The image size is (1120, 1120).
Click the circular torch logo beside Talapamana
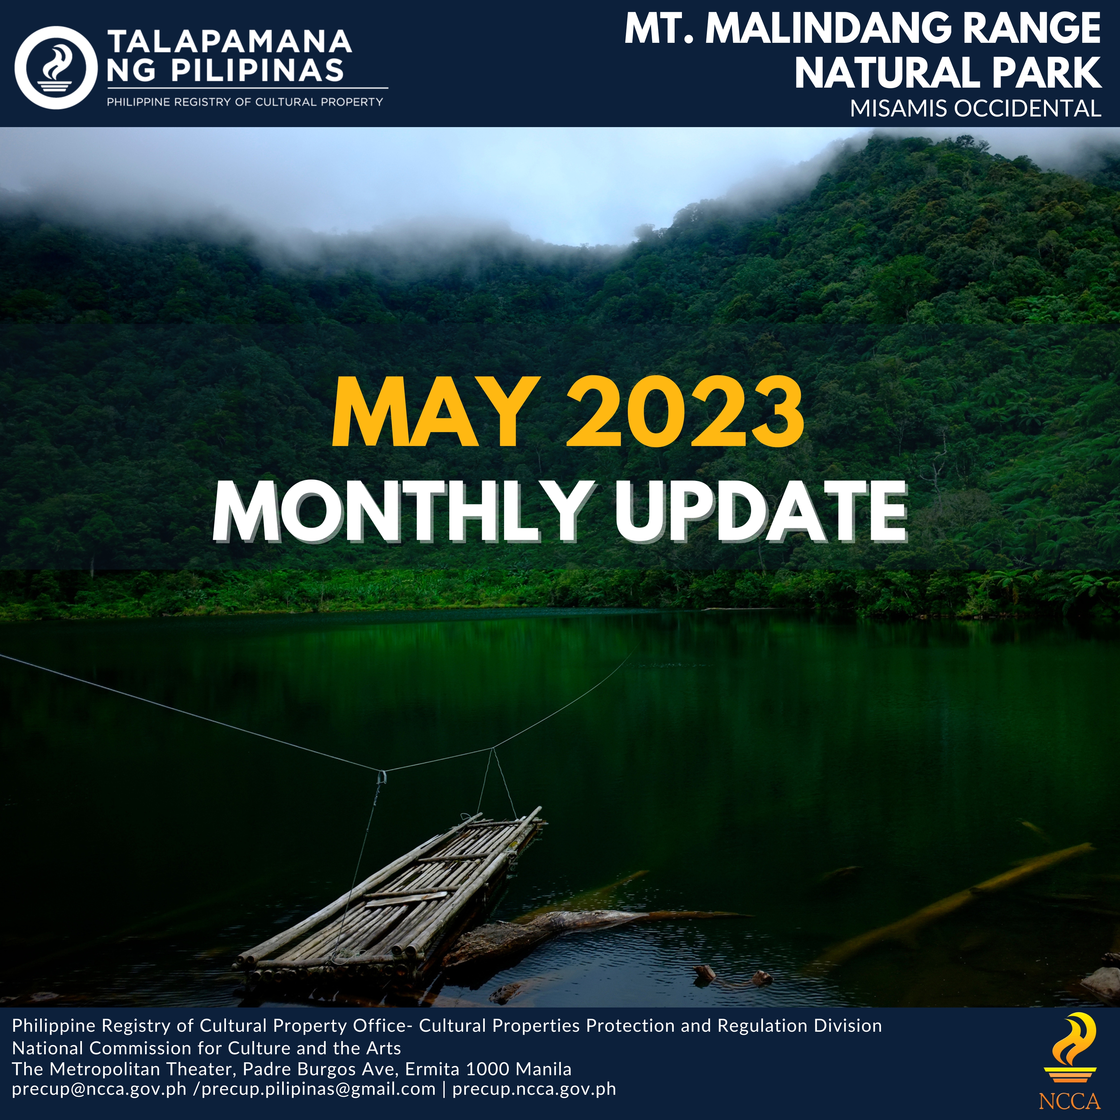click(56, 67)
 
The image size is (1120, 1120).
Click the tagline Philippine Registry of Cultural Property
click(245, 102)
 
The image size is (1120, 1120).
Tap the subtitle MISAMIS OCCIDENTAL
click(976, 109)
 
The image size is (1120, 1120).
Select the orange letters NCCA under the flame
click(1070, 1101)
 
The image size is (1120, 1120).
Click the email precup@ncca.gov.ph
click(99, 1089)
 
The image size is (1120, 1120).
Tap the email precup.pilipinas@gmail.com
click(318, 1089)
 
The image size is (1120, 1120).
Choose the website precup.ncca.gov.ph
click(534, 1089)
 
